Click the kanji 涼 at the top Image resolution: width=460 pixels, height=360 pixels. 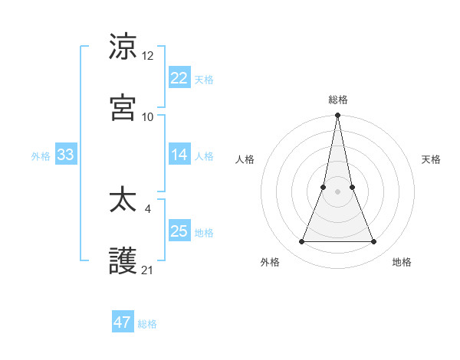point(123,47)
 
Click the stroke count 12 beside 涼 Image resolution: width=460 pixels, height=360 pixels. point(148,56)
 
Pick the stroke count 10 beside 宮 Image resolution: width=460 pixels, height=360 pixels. point(148,116)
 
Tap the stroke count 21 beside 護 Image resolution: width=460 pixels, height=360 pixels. point(148,270)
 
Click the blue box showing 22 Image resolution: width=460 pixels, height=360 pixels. point(179,77)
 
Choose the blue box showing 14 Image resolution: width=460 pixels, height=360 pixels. point(179,155)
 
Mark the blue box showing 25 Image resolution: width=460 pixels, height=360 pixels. point(179,231)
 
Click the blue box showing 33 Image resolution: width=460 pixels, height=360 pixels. point(66,155)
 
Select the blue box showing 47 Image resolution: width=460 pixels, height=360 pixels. point(123,322)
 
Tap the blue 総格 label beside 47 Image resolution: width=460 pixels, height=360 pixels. point(147,324)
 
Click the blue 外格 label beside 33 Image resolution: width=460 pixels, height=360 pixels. point(41,156)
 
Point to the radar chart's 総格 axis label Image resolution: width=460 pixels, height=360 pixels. point(338,100)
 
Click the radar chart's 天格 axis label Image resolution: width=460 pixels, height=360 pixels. point(432,159)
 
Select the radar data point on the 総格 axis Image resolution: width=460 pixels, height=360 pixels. point(338,116)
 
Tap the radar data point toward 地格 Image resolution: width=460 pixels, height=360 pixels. point(374,242)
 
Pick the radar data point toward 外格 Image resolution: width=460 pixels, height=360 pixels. point(302,242)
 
